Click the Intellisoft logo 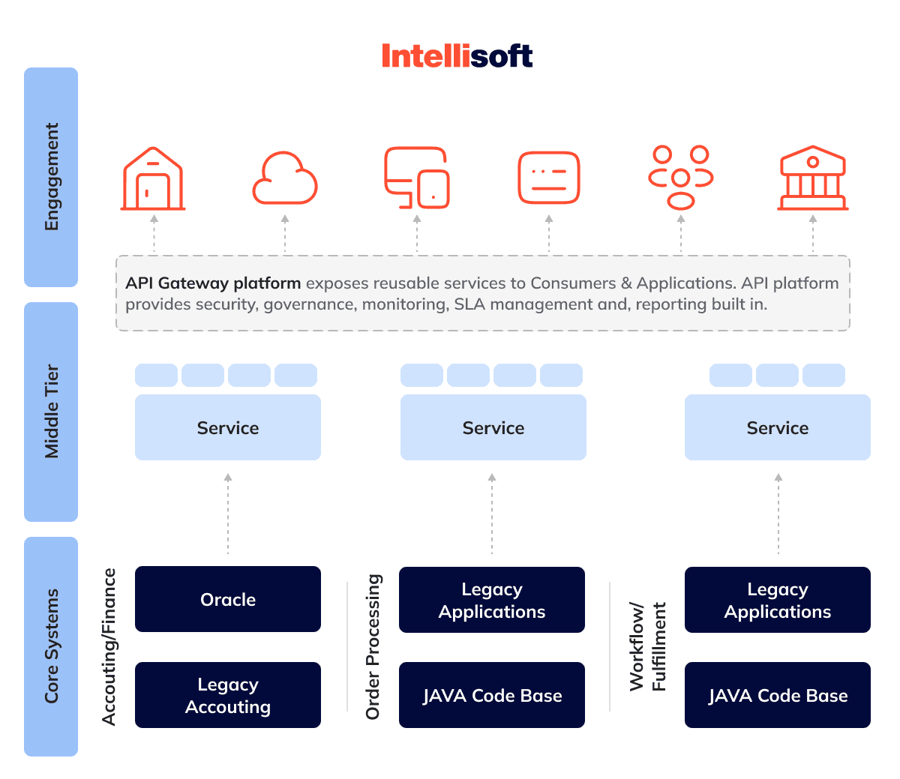pyautogui.click(x=457, y=55)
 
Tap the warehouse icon pyautogui.click(x=153, y=178)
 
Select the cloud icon pyautogui.click(x=285, y=178)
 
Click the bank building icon pyautogui.click(x=812, y=178)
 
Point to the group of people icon pyautogui.click(x=680, y=178)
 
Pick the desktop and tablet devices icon pyautogui.click(x=417, y=178)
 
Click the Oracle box pyautogui.click(x=228, y=599)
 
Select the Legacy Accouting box pyautogui.click(x=228, y=695)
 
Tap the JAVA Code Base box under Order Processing pyautogui.click(x=492, y=695)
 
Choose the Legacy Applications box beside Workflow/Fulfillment pyautogui.click(x=778, y=600)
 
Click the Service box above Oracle pyautogui.click(x=228, y=427)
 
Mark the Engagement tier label pyautogui.click(x=52, y=177)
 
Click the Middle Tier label pyautogui.click(x=52, y=412)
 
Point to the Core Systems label pyautogui.click(x=52, y=646)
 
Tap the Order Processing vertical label pyautogui.click(x=373, y=647)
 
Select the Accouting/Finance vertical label pyautogui.click(x=109, y=647)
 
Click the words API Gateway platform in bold pyautogui.click(x=213, y=283)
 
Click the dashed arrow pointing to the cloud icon pyautogui.click(x=285, y=234)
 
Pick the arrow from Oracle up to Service pyautogui.click(x=228, y=514)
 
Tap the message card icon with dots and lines pyautogui.click(x=548, y=178)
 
